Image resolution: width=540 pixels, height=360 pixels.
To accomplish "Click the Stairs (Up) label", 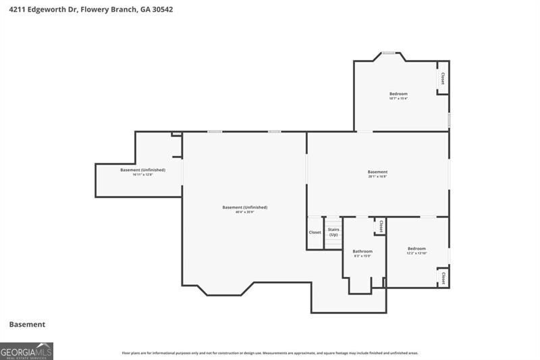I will pos(333,232).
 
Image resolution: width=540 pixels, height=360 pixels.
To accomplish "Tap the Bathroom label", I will pos(362,251).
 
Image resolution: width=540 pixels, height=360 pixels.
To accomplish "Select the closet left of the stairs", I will pos(315,232).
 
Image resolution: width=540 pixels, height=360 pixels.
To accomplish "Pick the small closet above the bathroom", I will pos(381,226).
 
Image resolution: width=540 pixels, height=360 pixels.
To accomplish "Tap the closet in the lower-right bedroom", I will pos(443,278).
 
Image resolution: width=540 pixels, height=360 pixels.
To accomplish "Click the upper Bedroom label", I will pos(398,94).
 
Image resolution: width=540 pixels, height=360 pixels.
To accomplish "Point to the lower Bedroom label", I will pos(416,249).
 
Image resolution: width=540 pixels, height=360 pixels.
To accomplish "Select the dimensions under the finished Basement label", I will pos(377,177).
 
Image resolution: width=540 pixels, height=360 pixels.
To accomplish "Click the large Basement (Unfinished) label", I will pos(245,207).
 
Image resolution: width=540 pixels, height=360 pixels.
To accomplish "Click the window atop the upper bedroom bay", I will pos(389,53).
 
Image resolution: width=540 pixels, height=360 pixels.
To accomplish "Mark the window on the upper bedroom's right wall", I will pos(449,120).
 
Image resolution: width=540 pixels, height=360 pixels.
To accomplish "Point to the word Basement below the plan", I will pos(27,324).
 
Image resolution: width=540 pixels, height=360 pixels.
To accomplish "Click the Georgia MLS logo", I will pos(26,351).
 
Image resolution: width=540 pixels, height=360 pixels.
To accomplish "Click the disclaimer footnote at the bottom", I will pos(270,353).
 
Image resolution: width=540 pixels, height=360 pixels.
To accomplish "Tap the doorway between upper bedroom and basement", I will pos(364,131).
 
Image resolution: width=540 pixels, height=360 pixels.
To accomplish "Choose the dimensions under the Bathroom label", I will pos(362,256).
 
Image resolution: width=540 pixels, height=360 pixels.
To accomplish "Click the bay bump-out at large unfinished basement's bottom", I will pos(227,288).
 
